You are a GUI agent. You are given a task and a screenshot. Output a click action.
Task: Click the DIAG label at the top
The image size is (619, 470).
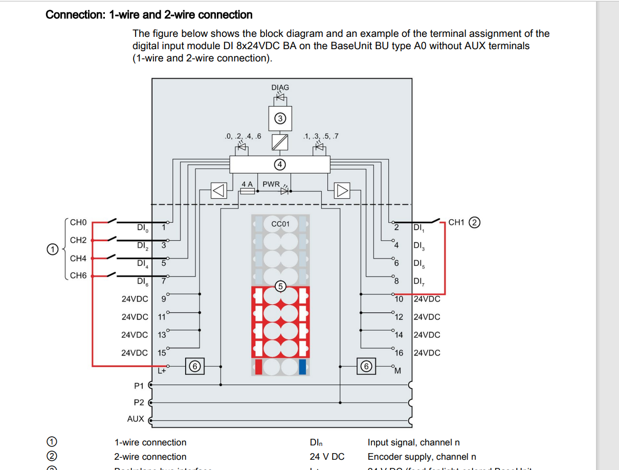coord(280,88)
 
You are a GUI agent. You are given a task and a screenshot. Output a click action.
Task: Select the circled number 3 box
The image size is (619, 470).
coord(280,118)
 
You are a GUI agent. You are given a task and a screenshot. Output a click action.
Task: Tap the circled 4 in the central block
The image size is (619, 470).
coord(279,164)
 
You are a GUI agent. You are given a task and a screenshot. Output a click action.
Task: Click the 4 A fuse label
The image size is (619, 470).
coord(248,184)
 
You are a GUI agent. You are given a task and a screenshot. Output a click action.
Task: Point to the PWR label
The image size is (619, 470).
coord(271,184)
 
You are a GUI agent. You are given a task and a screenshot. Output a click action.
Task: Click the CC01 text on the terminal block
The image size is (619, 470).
coord(280,224)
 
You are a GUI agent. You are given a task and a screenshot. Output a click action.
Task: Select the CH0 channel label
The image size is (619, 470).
coord(78,222)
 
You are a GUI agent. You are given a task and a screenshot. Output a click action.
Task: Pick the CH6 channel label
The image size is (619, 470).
coord(78,275)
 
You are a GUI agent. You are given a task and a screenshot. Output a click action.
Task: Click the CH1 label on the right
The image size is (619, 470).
coord(456,222)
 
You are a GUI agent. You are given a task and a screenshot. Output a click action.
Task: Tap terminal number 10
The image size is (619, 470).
coord(399,299)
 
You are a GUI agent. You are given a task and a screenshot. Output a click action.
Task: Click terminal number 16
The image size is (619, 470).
coord(399,353)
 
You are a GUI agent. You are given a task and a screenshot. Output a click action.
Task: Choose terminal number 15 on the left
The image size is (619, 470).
coord(162,353)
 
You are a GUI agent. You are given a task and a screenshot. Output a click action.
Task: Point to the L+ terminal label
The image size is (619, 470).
coord(161,371)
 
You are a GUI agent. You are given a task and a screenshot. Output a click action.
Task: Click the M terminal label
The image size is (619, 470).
coord(397,370)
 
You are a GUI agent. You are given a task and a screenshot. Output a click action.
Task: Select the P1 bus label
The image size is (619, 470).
coord(139,386)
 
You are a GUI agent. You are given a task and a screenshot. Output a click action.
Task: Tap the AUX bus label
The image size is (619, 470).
coord(136,419)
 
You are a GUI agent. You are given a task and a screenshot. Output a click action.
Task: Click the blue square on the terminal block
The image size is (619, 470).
coord(303,367)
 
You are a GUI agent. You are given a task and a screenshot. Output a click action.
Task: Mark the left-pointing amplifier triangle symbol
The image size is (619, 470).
coord(218,191)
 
